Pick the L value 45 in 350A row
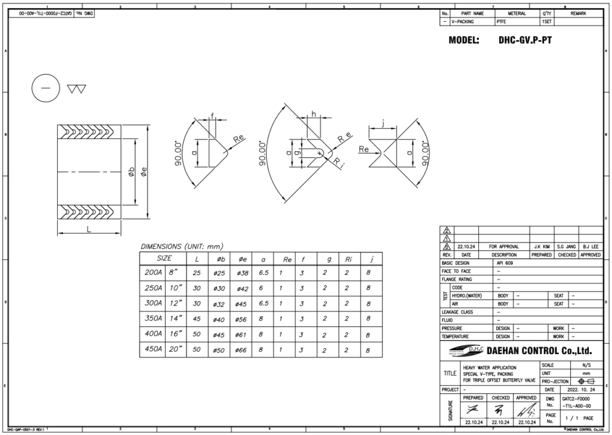point(197,319)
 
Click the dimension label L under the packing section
point(89,232)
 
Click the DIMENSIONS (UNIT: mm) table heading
point(182,246)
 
